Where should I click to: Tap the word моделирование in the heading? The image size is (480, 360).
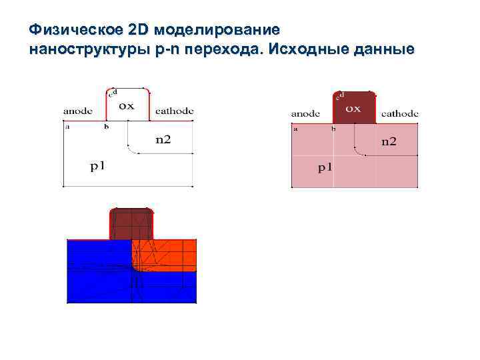point(218,31)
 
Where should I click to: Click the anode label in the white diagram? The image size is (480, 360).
point(79,111)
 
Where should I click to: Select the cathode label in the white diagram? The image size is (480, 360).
point(175,111)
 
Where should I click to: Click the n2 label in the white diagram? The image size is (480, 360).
point(163,139)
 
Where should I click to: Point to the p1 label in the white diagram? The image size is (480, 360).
point(98,165)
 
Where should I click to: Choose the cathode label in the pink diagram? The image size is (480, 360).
point(400,113)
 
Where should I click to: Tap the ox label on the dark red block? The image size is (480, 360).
point(353,108)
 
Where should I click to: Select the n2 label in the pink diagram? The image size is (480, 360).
point(389,141)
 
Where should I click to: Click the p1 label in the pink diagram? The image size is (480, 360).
point(325,167)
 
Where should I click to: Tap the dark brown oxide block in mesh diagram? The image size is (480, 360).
point(131,223)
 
